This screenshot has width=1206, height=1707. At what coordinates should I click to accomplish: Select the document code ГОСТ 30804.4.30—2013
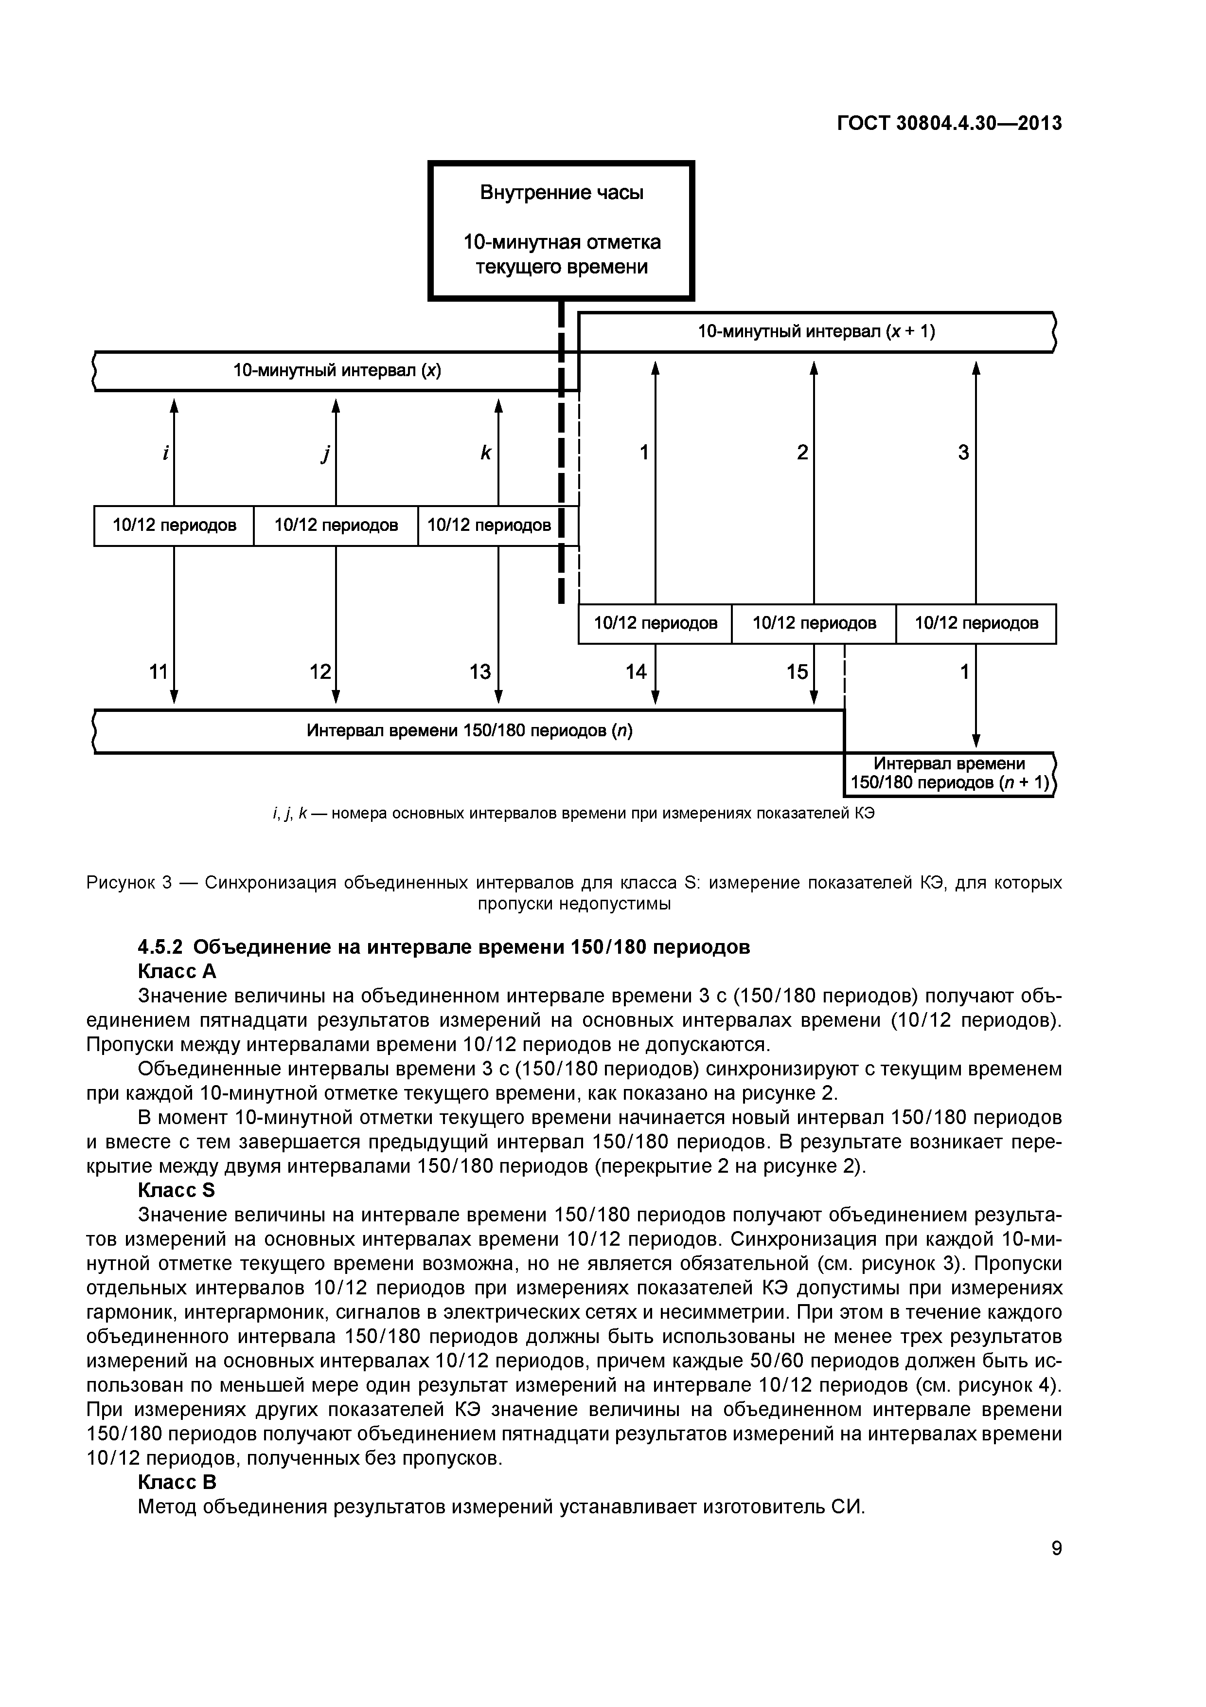[x=949, y=124]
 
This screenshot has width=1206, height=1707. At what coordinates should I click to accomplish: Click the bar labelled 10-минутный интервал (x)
[x=337, y=371]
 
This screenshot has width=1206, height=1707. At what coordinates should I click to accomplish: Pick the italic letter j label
[x=325, y=453]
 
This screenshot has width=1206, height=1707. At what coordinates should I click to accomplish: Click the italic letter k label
[x=486, y=452]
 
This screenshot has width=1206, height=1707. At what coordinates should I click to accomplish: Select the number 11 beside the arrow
[x=158, y=672]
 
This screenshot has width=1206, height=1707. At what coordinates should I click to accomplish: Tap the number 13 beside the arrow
[x=480, y=672]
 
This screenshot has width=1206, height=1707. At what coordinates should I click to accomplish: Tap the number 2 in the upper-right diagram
[x=802, y=452]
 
